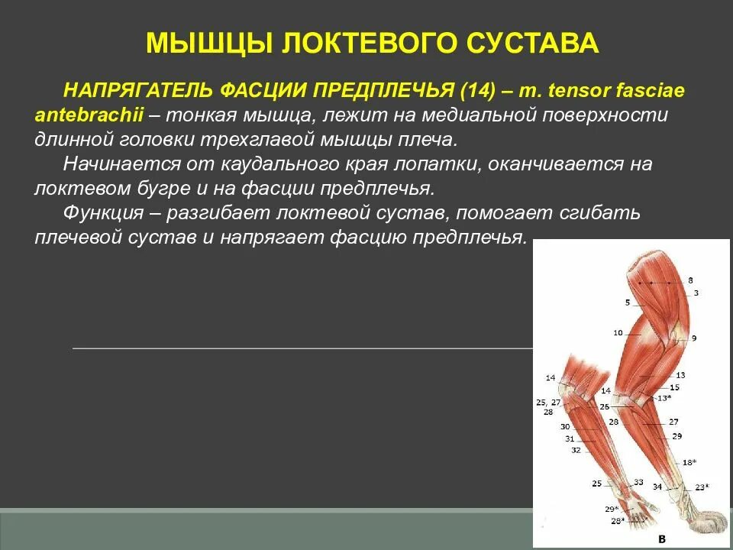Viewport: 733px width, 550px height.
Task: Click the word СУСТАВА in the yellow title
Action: pos(529,43)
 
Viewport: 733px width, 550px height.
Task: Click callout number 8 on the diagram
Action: pos(690,280)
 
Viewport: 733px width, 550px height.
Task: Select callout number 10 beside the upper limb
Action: pos(617,332)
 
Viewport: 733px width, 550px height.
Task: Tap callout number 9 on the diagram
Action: pos(693,338)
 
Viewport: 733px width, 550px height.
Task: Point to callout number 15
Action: pos(674,387)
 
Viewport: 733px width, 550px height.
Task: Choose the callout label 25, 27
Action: pos(548,402)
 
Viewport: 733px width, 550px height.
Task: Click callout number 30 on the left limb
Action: pos(565,426)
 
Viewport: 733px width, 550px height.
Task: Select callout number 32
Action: pos(575,450)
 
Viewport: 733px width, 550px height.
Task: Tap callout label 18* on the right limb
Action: pos(689,462)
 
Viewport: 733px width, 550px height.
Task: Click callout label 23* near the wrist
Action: pos(701,487)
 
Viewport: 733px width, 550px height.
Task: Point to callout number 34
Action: pos(657,487)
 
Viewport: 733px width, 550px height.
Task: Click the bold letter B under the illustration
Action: pos(663,539)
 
